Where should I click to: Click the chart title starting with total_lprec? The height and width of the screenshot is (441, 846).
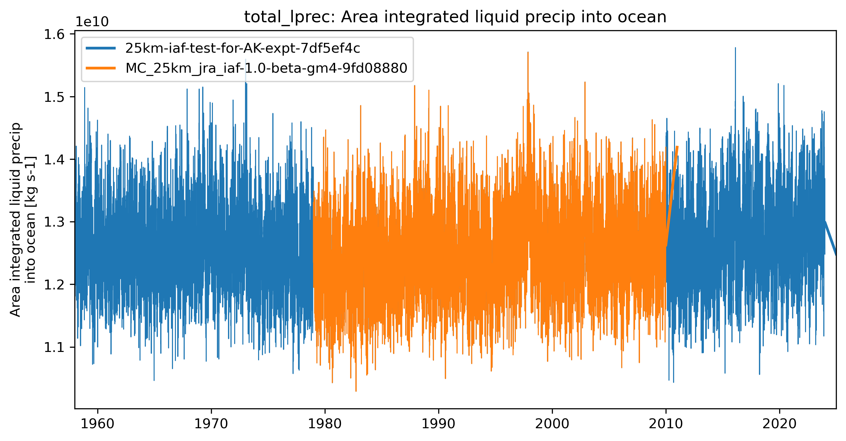point(455,17)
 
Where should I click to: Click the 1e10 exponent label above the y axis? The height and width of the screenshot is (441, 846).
point(92,22)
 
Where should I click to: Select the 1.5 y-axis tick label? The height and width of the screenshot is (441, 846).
point(54,97)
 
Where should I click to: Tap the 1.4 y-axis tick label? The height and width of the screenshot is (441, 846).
point(54,159)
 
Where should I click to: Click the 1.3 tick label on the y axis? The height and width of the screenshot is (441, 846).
point(54,222)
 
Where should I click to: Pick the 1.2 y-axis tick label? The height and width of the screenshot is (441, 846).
point(54,285)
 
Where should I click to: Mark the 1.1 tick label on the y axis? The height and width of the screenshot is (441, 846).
point(54,347)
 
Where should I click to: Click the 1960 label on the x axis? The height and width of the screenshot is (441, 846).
point(98,424)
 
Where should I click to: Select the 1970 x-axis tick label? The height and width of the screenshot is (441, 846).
point(211,424)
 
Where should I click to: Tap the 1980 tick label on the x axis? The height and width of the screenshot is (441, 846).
point(325,424)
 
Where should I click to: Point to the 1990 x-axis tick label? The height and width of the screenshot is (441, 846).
point(439,424)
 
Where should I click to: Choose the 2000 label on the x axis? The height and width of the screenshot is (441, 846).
point(552,424)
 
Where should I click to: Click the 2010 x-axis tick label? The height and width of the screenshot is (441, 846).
point(666,424)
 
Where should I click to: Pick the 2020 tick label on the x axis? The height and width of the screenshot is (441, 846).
point(779,424)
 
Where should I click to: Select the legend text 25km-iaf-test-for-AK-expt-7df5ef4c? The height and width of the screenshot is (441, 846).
point(243,48)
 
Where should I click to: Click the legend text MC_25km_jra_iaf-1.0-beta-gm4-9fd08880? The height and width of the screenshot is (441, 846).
point(266,68)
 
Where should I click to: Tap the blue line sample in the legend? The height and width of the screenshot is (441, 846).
point(101,48)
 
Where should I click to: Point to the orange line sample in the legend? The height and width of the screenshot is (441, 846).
point(101,68)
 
